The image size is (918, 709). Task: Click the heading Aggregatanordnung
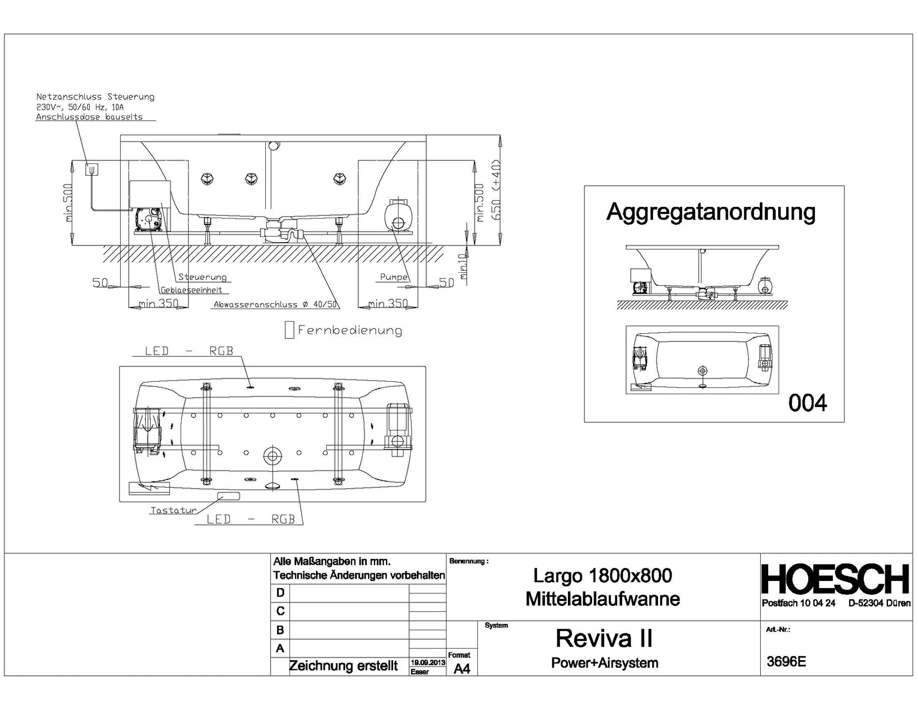coord(710,212)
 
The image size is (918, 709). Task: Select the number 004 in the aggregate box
coord(807,403)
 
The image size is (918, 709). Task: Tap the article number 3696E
coord(786,662)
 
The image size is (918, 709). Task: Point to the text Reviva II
coord(604,638)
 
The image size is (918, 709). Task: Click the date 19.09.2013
coord(428,662)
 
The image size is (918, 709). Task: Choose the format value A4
coord(462,669)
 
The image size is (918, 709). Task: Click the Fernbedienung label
coord(350,331)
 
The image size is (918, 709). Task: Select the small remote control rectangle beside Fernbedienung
coord(289,330)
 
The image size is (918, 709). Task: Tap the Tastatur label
coord(173,510)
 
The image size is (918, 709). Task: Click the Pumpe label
coord(394,277)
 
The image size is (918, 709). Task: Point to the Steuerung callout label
coord(202,277)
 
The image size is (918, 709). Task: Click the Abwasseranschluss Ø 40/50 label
coord(275,305)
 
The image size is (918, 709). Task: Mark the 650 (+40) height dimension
coord(496,190)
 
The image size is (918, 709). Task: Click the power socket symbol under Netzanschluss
coord(91,169)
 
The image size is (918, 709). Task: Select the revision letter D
coord(280,593)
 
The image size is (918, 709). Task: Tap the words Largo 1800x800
coord(602,576)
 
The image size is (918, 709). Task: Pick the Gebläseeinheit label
coord(191,290)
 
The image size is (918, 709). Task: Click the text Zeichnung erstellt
coord(343,666)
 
